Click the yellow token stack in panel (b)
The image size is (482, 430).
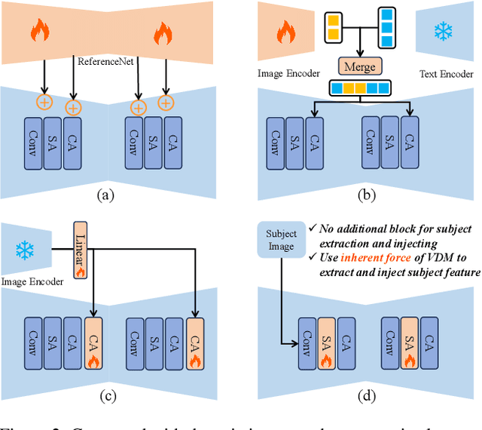[332, 26]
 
